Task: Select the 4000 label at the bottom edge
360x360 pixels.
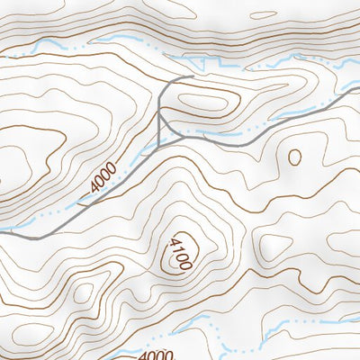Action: (156, 355)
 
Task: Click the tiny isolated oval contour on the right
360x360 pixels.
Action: (293, 157)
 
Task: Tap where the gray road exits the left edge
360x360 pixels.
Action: (2, 231)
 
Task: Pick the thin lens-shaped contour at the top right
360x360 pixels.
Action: (279, 13)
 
